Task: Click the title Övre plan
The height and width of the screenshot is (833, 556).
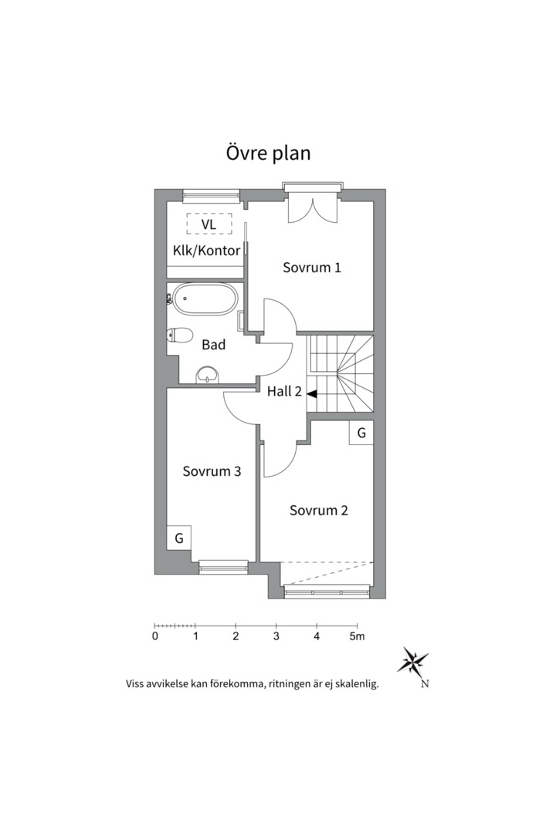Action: (x=268, y=153)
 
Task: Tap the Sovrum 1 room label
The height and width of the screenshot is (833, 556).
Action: (x=312, y=268)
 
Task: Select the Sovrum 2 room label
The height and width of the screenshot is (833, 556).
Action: (x=319, y=510)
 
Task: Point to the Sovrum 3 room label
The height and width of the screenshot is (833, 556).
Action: (x=212, y=470)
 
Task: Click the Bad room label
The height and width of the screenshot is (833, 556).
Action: (x=213, y=345)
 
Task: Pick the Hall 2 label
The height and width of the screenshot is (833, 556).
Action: (x=284, y=391)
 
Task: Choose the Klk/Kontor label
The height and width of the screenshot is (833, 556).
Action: (x=206, y=250)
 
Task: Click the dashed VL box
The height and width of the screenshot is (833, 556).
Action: (x=208, y=224)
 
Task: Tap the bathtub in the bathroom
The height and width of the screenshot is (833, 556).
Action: (x=205, y=299)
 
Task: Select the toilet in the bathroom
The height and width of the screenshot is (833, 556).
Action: (x=180, y=335)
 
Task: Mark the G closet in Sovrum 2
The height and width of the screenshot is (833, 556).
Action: (x=361, y=433)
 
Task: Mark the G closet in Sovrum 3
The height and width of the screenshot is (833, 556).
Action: (x=179, y=538)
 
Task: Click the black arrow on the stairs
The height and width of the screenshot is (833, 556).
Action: (x=312, y=393)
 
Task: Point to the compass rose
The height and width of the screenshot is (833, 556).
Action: (x=413, y=661)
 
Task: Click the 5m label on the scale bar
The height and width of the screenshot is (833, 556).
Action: (x=357, y=636)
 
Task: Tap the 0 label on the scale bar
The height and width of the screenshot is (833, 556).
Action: (x=155, y=636)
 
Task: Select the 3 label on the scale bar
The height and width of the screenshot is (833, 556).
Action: (x=276, y=636)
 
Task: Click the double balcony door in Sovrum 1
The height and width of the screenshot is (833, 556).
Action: (x=313, y=209)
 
